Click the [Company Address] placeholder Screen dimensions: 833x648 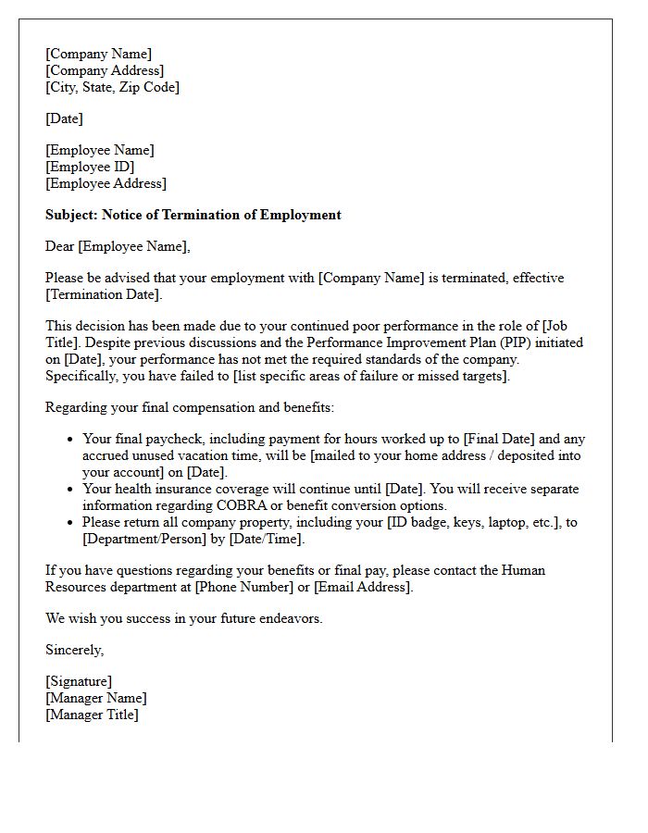[x=105, y=70]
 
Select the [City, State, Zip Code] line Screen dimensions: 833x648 [x=112, y=87]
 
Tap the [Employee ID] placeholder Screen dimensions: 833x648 [x=90, y=167]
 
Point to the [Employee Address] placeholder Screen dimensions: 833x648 [x=106, y=183]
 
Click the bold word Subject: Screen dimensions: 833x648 [x=72, y=215]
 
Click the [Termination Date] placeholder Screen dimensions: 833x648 [x=103, y=294]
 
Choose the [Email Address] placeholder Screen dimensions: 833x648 [x=363, y=587]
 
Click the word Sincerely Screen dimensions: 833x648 [x=74, y=650]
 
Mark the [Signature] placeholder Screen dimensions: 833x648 [x=79, y=681]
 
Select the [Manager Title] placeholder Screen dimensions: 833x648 [x=92, y=715]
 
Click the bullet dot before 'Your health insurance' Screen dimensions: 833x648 [x=70, y=490]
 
